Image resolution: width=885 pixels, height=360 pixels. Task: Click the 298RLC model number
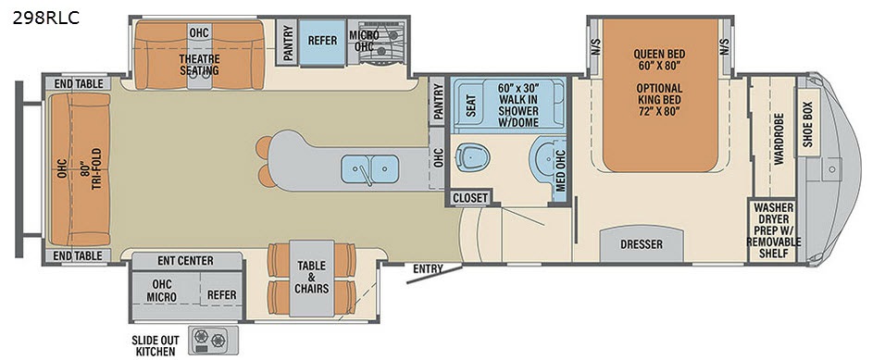click(x=45, y=18)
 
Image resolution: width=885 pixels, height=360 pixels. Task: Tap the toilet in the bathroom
click(x=472, y=156)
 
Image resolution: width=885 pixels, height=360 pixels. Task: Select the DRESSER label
click(x=642, y=244)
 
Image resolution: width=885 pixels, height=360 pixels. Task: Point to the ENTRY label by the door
click(x=428, y=269)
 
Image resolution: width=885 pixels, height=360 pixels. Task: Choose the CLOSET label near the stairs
click(x=469, y=198)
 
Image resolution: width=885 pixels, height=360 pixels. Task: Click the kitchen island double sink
click(x=369, y=168)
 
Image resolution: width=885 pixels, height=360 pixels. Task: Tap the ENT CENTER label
click(x=186, y=261)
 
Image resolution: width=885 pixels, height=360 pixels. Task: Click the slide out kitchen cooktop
click(x=209, y=340)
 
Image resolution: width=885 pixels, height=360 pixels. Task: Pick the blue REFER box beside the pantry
click(x=322, y=43)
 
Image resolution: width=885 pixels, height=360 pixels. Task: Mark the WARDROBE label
click(x=779, y=130)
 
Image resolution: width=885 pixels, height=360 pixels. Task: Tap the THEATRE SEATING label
click(x=199, y=65)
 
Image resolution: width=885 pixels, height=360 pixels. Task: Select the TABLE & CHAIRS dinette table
click(x=312, y=278)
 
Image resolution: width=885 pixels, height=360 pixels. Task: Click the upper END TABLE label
click(x=79, y=84)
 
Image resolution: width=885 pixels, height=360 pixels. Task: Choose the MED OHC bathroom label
click(x=560, y=168)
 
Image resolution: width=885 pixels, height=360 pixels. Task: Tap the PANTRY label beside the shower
click(x=439, y=101)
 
